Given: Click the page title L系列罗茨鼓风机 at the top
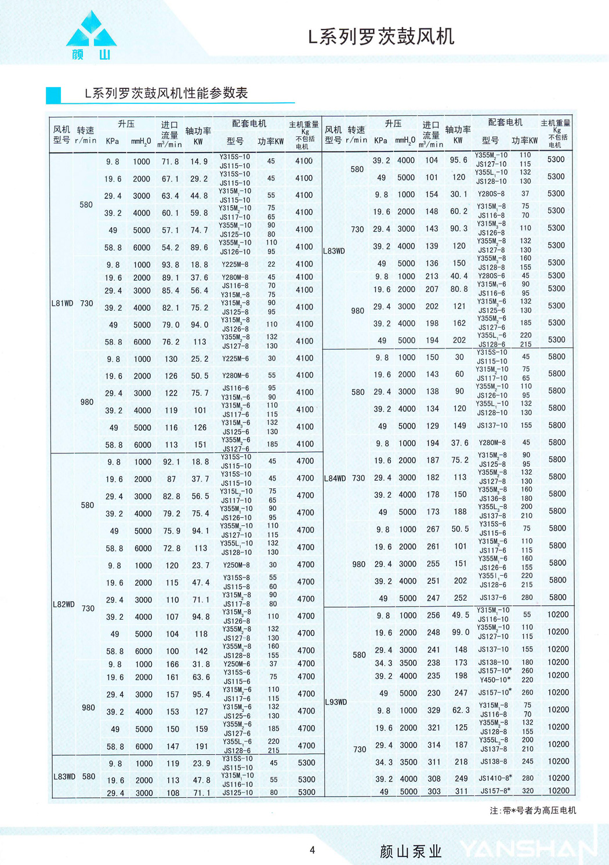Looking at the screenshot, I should [x=381, y=37].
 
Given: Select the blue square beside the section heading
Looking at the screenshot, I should [x=53, y=95].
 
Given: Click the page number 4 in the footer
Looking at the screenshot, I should [x=312, y=850].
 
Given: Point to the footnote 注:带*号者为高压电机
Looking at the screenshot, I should [x=532, y=811].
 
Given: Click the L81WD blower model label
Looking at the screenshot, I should [x=62, y=303].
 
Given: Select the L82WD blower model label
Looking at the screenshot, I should [x=64, y=604].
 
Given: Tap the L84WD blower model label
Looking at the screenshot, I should [x=335, y=478].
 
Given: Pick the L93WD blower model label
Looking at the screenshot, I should [x=336, y=702].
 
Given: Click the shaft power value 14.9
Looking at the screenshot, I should [x=199, y=162].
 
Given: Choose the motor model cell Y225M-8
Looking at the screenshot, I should [x=235, y=264].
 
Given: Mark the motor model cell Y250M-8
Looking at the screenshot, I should [x=237, y=565].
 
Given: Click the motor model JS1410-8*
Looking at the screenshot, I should [x=495, y=778].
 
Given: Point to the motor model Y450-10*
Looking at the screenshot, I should [x=494, y=680].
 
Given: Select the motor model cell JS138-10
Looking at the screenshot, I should [x=493, y=662].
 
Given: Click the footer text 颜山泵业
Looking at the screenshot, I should [x=411, y=851].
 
